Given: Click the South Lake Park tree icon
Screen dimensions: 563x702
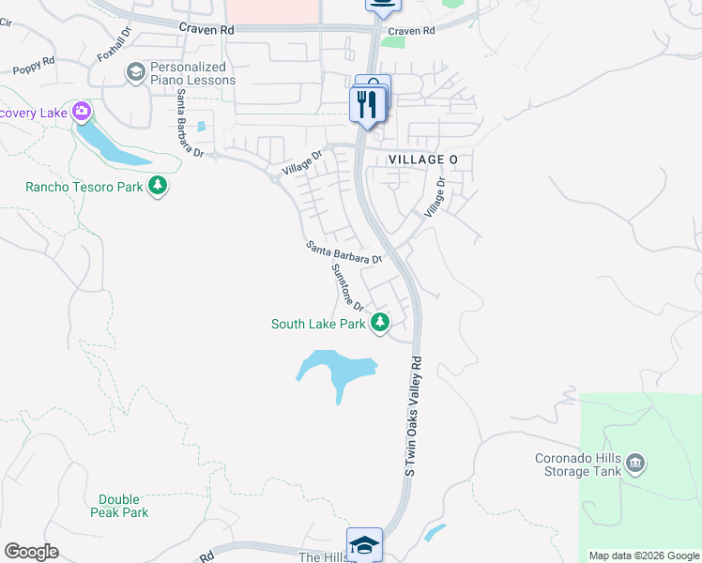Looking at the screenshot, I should [379, 324].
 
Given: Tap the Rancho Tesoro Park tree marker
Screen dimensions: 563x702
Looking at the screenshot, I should [158, 186].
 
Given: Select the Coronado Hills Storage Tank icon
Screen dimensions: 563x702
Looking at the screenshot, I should [634, 463].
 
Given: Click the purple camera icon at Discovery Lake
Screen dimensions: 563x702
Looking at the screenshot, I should [82, 113].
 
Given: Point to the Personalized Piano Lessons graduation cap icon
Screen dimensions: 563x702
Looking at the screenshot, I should [136, 72].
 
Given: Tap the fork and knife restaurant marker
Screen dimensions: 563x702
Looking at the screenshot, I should [365, 105].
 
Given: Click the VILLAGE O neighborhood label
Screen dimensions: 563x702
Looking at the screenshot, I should [423, 160].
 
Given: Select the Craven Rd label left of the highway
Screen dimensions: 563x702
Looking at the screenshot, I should [206, 30].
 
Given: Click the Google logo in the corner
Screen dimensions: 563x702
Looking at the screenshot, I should [31, 552].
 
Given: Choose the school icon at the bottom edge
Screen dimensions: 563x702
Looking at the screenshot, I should [364, 544].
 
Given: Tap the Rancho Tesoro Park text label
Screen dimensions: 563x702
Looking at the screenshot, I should [84, 187].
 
